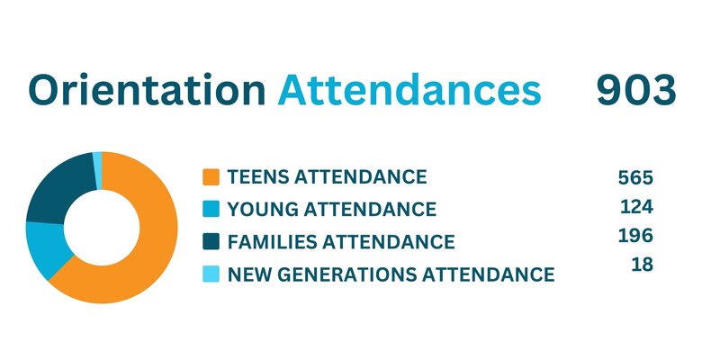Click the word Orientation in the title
tap(148, 89)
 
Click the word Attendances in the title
tap(409, 89)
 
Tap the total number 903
tap(636, 90)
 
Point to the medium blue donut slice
tap(46, 248)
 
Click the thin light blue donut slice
tap(97, 170)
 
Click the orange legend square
tap(211, 177)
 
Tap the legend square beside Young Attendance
tap(211, 210)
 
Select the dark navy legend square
tap(211, 241)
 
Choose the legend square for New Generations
tap(211, 274)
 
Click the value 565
tap(635, 177)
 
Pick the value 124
tap(636, 207)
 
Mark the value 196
tap(635, 236)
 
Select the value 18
tap(643, 265)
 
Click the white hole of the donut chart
tap(102, 228)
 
